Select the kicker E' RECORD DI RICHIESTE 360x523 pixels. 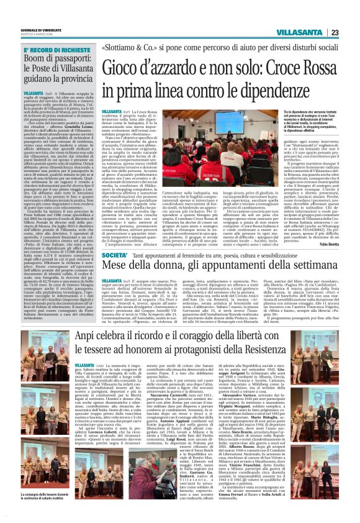point(50,49)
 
